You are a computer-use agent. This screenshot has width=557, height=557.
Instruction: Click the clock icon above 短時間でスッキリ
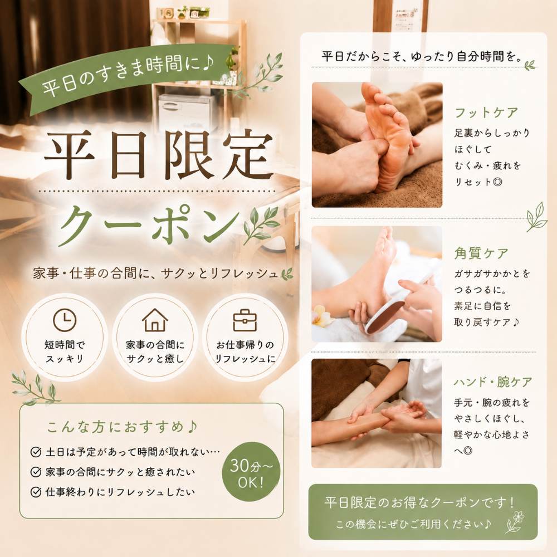click(65, 320)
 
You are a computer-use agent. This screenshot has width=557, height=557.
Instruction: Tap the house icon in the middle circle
click(155, 320)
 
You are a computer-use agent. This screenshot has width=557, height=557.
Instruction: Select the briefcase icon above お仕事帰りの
click(245, 320)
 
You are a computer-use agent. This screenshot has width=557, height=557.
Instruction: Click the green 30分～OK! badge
click(251, 472)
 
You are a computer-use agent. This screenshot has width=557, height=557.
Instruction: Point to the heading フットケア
click(486, 113)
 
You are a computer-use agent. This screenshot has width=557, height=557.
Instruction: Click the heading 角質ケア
click(481, 253)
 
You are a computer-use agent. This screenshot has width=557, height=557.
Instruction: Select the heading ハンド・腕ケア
click(493, 382)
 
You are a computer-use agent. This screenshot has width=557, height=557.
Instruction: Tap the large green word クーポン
click(149, 225)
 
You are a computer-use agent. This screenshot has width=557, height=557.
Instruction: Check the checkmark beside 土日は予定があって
click(36, 452)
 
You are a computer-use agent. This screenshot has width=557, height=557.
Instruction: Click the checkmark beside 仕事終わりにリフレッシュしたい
click(36, 492)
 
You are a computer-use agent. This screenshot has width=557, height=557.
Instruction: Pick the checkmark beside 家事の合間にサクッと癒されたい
click(36, 472)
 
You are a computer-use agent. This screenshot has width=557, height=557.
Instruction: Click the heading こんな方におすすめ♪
click(122, 427)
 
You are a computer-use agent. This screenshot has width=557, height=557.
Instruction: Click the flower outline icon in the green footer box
click(515, 521)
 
